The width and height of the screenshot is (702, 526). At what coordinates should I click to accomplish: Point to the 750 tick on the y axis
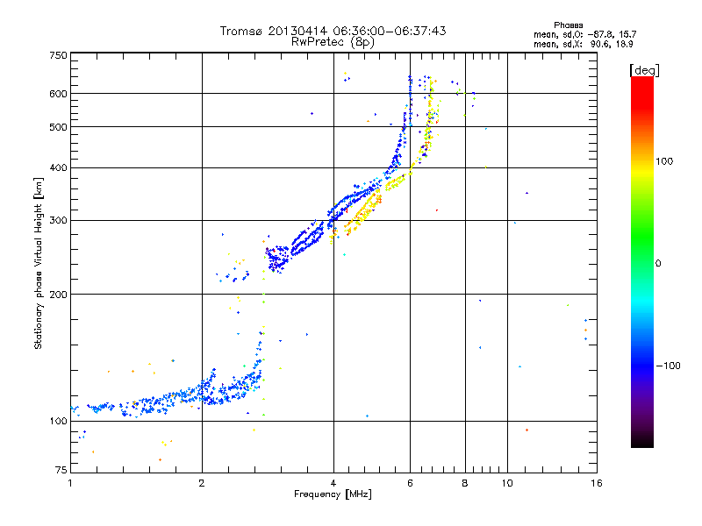coord(58,54)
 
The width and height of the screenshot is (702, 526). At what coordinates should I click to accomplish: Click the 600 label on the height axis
coord(58,93)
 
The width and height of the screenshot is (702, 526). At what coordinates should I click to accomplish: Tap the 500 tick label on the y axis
coord(58,127)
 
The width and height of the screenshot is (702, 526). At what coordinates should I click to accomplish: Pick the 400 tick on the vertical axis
coord(58,167)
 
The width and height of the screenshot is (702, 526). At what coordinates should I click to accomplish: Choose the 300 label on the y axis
coord(58,220)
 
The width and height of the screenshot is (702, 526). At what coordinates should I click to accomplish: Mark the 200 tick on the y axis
coord(58,294)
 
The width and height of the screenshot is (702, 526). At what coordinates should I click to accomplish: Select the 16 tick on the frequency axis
coord(596,483)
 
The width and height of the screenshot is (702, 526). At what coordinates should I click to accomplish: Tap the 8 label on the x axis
coord(464,483)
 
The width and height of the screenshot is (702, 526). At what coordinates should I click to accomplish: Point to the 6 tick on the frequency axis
coord(410,483)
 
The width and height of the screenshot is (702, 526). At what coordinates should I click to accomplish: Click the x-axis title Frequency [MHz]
coord(333,495)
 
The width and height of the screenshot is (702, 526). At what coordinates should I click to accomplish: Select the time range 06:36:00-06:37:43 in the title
coord(383,31)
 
